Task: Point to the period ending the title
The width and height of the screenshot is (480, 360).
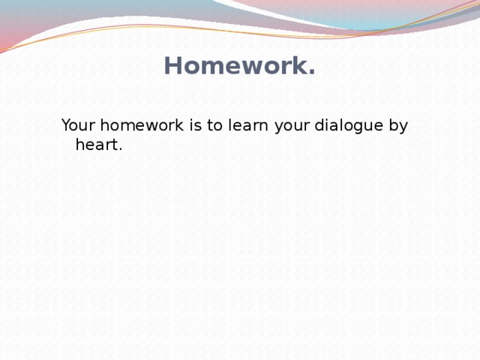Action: click(x=310, y=73)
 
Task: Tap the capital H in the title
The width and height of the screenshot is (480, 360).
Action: click(x=172, y=67)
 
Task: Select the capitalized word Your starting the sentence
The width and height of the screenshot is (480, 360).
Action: click(x=76, y=125)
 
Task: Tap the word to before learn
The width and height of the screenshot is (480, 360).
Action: click(x=214, y=125)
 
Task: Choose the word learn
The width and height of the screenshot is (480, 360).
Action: click(x=248, y=125)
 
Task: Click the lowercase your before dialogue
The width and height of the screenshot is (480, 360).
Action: click(x=292, y=127)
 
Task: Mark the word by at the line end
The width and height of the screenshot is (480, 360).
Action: click(x=398, y=127)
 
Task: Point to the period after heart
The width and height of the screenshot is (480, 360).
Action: click(x=120, y=149)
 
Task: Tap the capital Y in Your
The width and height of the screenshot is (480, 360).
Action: click(x=66, y=125)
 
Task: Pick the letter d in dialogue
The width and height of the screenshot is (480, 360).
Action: click(x=320, y=125)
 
